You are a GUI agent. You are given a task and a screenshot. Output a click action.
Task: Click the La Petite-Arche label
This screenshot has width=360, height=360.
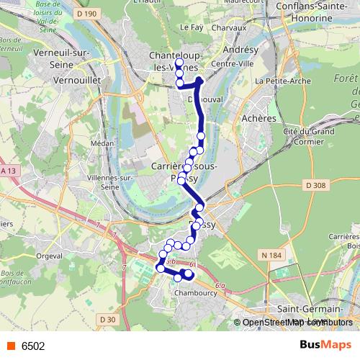[280, 81]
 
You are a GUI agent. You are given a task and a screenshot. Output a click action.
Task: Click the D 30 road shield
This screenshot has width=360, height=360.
[107, 319]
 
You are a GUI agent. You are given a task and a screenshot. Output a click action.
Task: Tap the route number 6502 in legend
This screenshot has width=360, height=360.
[33, 346]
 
